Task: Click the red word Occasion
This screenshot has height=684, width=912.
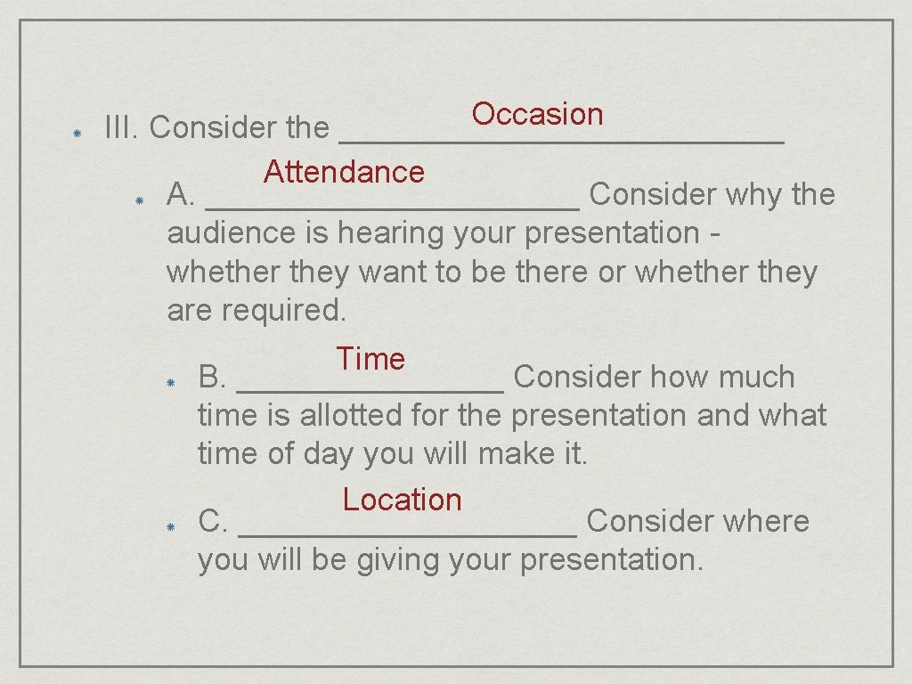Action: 537,114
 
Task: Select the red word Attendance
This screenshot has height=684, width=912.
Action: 344,171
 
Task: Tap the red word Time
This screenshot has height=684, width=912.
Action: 370,359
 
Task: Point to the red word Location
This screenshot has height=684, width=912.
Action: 402,500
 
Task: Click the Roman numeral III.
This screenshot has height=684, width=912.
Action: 122,128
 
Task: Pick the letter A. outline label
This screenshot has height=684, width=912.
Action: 181,194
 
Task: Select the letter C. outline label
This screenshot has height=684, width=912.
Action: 213,521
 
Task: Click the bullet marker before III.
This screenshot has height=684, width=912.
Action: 77,131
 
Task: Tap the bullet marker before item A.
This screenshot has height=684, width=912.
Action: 139,199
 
